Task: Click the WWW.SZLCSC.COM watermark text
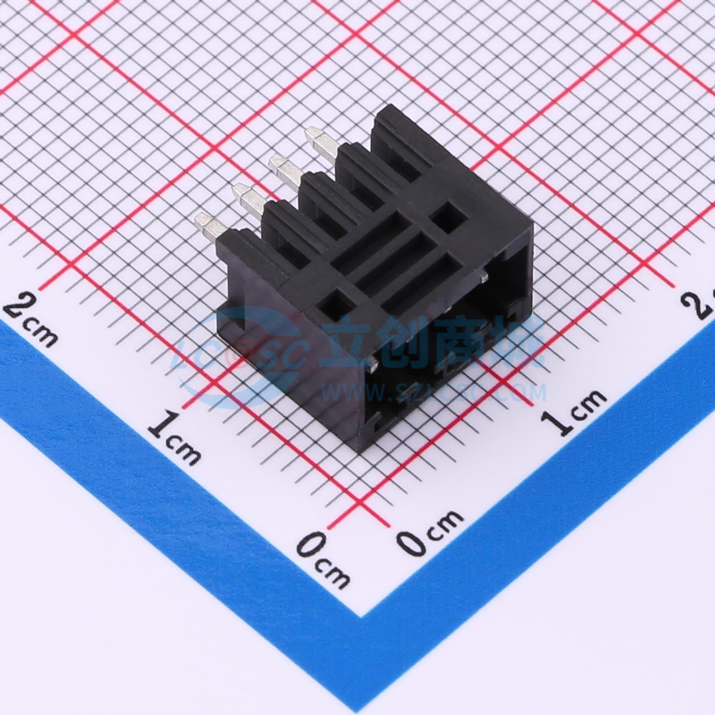click(433, 393)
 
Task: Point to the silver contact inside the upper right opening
click(484, 275)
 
